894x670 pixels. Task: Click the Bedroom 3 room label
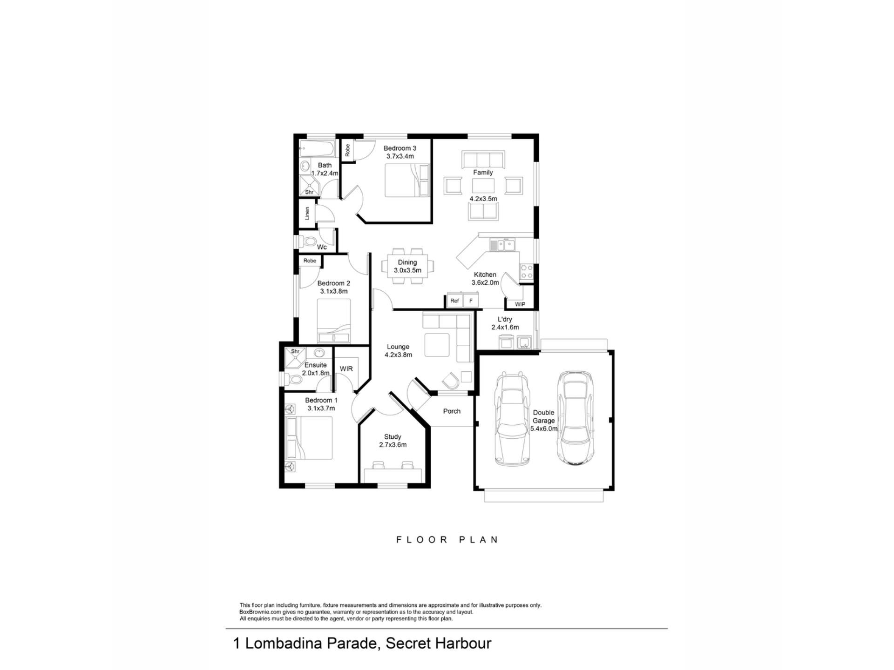point(400,148)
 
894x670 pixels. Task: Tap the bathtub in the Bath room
point(317,149)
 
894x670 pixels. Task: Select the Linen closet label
point(307,214)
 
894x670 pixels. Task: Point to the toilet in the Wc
point(308,241)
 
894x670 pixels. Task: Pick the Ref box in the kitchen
point(454,301)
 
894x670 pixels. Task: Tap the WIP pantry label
point(520,304)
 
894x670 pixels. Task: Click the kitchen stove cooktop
point(527,272)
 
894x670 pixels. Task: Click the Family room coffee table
point(483,186)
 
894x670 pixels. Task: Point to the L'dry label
point(505,319)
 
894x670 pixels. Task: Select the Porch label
point(452,411)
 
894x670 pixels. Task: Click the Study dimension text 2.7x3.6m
point(393,445)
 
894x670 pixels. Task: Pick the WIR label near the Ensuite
point(346,369)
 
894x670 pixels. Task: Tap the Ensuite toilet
point(292,379)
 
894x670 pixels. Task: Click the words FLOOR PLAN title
point(447,540)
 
